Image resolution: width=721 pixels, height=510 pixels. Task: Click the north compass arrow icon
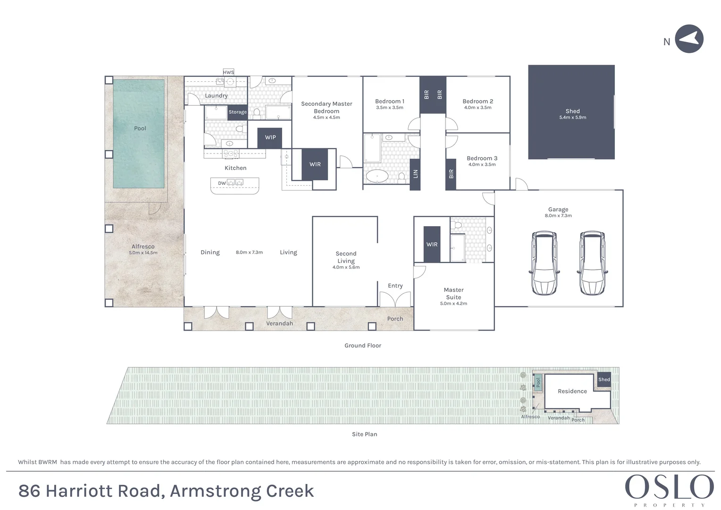pyautogui.click(x=689, y=39)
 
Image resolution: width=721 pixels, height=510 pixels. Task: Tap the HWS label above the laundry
pyautogui.click(x=228, y=72)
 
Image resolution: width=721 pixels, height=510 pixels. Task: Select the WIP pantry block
pyautogui.click(x=270, y=137)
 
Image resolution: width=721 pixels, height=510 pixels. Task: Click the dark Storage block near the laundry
pyautogui.click(x=237, y=112)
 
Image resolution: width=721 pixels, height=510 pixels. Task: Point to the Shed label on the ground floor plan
pyautogui.click(x=572, y=111)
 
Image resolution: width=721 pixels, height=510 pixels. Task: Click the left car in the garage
pyautogui.click(x=545, y=263)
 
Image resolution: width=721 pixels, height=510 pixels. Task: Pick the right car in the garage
pyautogui.click(x=592, y=263)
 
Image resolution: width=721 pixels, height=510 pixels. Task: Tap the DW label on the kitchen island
pyautogui.click(x=222, y=183)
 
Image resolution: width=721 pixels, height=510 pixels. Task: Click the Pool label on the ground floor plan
pyautogui.click(x=140, y=128)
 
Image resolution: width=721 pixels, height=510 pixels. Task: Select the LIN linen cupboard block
pyautogui.click(x=415, y=173)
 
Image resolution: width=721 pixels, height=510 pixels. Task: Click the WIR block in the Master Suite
pyautogui.click(x=432, y=244)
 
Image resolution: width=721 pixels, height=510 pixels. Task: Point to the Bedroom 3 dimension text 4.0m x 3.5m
pyautogui.click(x=482, y=165)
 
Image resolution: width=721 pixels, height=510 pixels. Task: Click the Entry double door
pyautogui.click(x=395, y=299)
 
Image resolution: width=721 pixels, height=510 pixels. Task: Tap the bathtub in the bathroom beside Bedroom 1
pyautogui.click(x=377, y=177)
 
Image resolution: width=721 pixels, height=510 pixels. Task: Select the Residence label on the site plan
pyautogui.click(x=572, y=391)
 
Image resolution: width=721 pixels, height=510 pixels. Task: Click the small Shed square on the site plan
pyautogui.click(x=604, y=380)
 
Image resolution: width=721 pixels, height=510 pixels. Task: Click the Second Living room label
pyautogui.click(x=346, y=257)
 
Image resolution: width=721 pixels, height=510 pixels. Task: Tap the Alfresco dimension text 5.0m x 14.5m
pyautogui.click(x=143, y=253)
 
